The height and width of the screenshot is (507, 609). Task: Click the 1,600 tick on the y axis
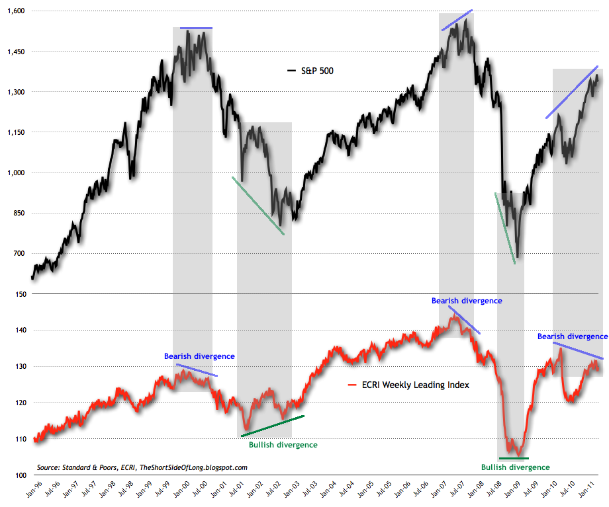15,11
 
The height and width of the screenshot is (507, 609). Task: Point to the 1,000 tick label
15,173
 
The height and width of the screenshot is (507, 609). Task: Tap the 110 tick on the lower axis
19,439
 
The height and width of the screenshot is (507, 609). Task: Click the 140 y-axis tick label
19,330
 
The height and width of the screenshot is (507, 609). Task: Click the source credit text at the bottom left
142,467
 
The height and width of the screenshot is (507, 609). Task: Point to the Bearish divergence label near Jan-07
467,301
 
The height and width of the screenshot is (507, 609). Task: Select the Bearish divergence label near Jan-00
199,356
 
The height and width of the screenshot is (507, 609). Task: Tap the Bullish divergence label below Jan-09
515,467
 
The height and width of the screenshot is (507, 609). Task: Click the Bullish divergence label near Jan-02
283,445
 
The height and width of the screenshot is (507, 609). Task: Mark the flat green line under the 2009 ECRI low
514,458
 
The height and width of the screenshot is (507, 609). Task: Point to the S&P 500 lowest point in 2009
518,256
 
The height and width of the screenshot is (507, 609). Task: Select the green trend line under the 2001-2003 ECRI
272,426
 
